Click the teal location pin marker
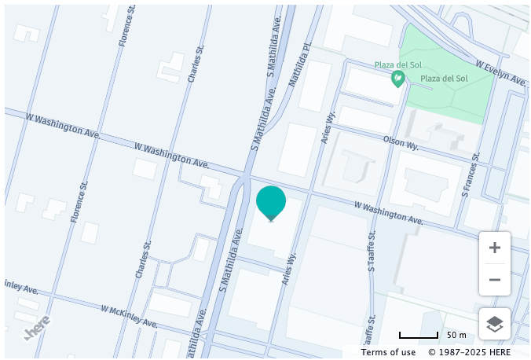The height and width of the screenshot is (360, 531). coord(271,202)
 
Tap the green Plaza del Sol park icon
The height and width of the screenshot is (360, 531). coord(398,79)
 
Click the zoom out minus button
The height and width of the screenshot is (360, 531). coord(495,280)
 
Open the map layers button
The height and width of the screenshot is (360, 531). coord(495,324)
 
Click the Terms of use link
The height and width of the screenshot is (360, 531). coord(388,352)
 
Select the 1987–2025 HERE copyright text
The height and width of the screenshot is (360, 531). coord(469,352)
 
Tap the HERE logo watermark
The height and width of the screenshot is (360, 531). coord(37,327)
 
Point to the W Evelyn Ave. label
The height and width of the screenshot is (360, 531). coord(500,72)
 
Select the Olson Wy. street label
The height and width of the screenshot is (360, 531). coord(401,142)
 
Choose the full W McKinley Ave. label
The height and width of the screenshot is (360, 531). coord(129,316)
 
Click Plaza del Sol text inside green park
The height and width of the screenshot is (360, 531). coord(444,79)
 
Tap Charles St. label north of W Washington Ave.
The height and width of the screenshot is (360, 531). coord(196,63)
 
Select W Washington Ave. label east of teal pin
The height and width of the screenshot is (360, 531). coord(388,212)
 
